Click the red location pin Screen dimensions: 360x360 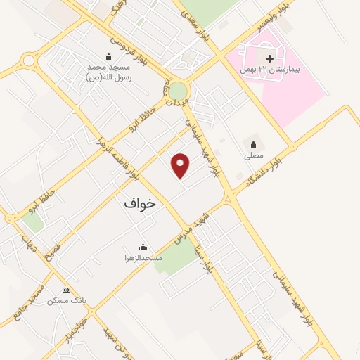click(x=181, y=165)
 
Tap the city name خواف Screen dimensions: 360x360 click(x=139, y=202)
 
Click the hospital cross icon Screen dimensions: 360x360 click(x=269, y=58)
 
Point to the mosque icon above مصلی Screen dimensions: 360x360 click(x=253, y=144)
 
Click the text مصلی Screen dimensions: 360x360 click(x=253, y=155)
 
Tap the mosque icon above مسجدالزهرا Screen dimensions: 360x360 click(x=143, y=247)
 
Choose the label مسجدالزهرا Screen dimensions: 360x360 click(x=145, y=258)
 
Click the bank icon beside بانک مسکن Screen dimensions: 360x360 click(x=67, y=290)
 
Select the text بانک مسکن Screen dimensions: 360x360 click(x=67, y=300)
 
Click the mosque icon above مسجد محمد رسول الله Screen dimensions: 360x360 click(x=108, y=57)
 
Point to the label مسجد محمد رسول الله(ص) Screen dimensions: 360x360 click(x=109, y=72)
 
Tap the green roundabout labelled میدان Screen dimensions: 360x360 click(x=178, y=91)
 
